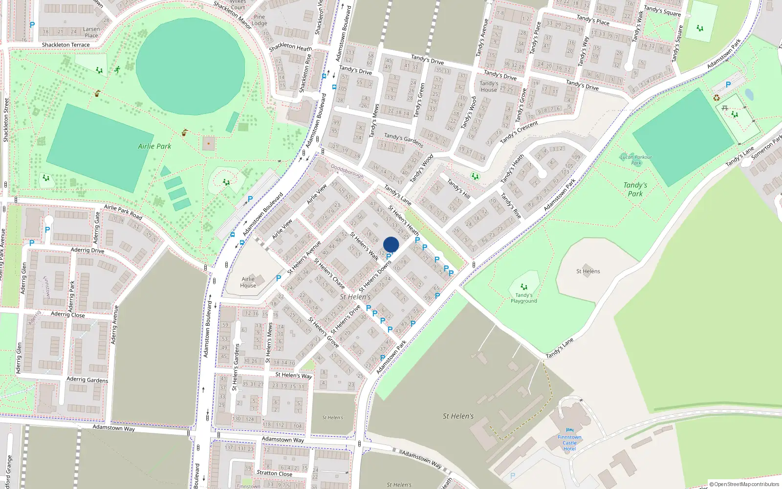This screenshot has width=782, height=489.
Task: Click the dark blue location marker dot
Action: (391, 244)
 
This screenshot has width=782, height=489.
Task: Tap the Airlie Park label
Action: (154, 146)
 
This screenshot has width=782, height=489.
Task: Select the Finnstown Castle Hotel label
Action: (569, 443)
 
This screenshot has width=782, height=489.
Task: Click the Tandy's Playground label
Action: (523, 298)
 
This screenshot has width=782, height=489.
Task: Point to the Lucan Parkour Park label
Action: (636, 160)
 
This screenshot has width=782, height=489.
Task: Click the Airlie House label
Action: (248, 282)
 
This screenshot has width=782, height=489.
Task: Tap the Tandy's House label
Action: (489, 87)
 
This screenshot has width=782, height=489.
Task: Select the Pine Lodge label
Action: (259, 20)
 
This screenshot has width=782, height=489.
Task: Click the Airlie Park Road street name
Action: (123, 212)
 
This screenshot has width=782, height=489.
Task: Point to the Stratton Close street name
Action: (274, 473)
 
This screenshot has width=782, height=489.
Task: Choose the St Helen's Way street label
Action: (293, 375)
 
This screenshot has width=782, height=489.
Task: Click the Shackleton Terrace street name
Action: (65, 45)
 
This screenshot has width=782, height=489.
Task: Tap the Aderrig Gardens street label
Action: (87, 379)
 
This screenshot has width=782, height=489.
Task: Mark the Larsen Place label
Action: (91, 32)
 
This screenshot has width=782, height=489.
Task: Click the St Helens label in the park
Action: (588, 271)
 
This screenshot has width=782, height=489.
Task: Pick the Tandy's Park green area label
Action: (635, 189)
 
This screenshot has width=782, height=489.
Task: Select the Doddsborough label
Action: (347, 171)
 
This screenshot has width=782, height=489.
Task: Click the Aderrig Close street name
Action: (67, 314)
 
